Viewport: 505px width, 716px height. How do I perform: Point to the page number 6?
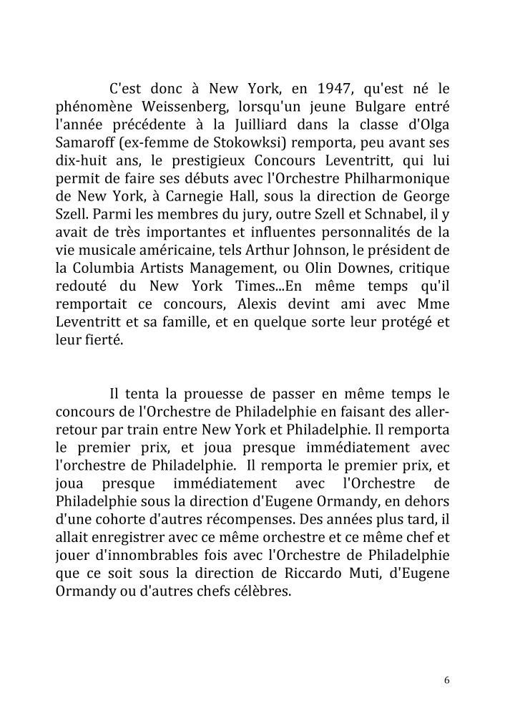coord(446,680)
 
